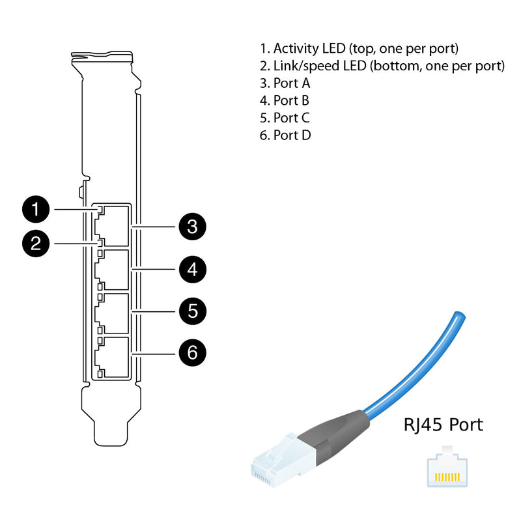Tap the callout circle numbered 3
click(192, 227)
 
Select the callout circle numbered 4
click(192, 268)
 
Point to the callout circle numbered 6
click(192, 352)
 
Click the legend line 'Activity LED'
click(359, 48)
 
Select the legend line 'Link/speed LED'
click(382, 66)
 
